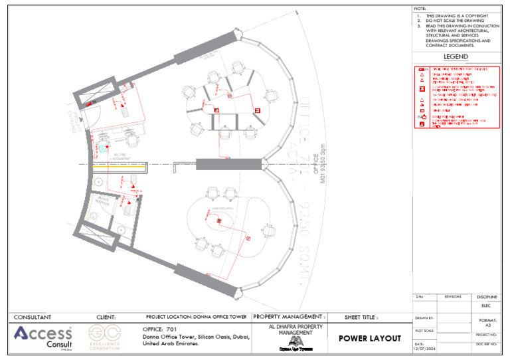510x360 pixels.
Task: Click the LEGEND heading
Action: pyautogui.click(x=456, y=57)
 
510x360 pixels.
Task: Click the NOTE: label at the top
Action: pyautogui.click(x=420, y=9)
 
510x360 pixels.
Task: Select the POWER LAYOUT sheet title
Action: pyautogui.click(x=370, y=338)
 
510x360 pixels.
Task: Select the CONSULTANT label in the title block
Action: pyautogui.click(x=33, y=317)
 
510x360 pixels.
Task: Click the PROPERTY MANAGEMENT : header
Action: pyautogui.click(x=290, y=317)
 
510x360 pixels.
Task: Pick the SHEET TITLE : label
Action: pyautogui.click(x=361, y=317)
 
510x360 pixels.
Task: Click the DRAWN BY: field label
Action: pyautogui.click(x=424, y=319)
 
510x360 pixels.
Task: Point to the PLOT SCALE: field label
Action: pyautogui.click(x=425, y=329)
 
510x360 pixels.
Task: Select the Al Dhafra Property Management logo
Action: pyautogui.click(x=290, y=341)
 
